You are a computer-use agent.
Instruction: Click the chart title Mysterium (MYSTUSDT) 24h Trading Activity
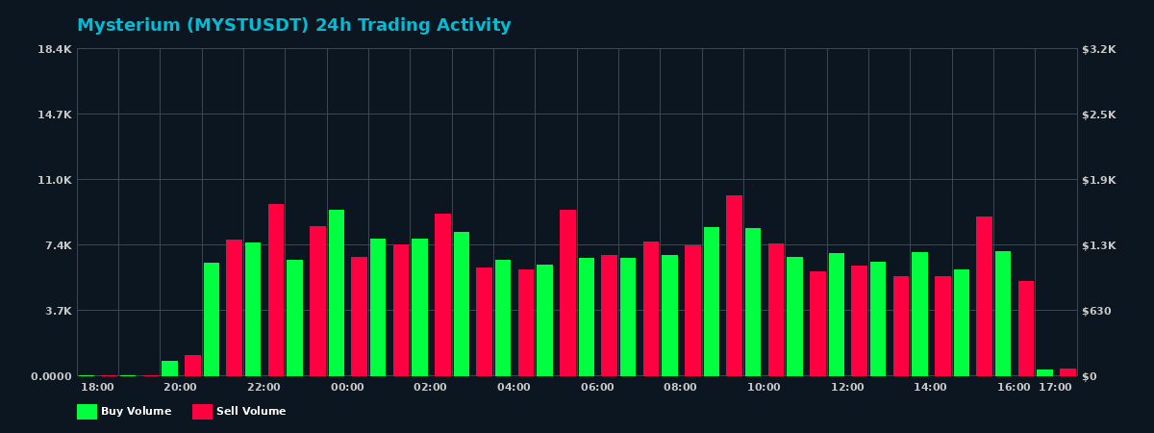pos(293,26)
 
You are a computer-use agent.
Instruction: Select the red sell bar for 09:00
pos(734,286)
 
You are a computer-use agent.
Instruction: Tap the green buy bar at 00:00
pos(337,293)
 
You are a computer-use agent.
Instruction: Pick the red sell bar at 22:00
pos(276,290)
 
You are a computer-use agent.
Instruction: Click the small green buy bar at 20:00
pos(169,369)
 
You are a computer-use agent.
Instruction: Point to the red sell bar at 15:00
pos(984,296)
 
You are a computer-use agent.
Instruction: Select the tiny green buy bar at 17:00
pos(1044,372)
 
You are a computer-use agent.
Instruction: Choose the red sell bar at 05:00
pos(567,293)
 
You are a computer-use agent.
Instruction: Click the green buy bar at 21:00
pos(212,319)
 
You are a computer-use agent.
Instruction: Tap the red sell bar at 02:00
pos(442,294)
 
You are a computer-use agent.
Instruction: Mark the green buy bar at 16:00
pos(1003,314)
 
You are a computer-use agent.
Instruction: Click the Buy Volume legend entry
pos(124,412)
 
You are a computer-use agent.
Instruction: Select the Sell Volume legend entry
pos(239,412)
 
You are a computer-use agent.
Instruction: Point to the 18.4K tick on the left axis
pos(55,49)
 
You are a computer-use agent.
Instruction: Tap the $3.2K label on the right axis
pos(1099,49)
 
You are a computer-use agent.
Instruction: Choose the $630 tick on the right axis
pos(1097,311)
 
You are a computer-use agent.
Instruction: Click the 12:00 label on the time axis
pos(847,388)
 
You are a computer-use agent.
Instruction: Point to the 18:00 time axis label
pos(97,388)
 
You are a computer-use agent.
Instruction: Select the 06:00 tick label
pos(597,388)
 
